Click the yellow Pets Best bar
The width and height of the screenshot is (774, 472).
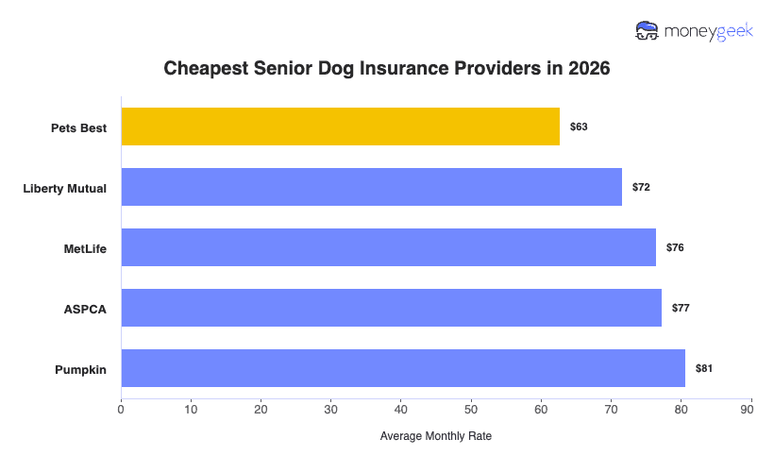[x=340, y=126]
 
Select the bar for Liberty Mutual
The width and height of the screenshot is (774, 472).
[x=371, y=187]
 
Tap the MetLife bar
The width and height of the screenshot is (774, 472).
[x=388, y=247]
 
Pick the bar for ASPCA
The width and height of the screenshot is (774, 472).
[x=391, y=308]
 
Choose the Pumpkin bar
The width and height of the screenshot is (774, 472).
[x=403, y=368]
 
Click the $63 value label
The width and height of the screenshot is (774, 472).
[x=579, y=126]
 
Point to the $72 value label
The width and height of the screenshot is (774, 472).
[x=641, y=187]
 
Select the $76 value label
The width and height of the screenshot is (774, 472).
[x=675, y=247]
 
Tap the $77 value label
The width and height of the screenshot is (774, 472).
[x=681, y=308]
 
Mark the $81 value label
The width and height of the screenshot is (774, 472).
[x=704, y=368]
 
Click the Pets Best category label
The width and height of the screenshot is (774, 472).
[x=78, y=127]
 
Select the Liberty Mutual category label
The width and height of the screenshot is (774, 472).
[x=64, y=188]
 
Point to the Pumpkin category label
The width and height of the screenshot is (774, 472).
[x=80, y=369]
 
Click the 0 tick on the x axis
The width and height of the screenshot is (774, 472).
[x=121, y=409]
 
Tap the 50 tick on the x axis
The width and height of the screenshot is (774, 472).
[x=471, y=409]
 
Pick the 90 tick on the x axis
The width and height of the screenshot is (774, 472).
[x=751, y=409]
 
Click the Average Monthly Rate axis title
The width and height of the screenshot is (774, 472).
[x=435, y=437]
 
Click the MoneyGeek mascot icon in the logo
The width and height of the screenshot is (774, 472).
[x=648, y=31]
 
